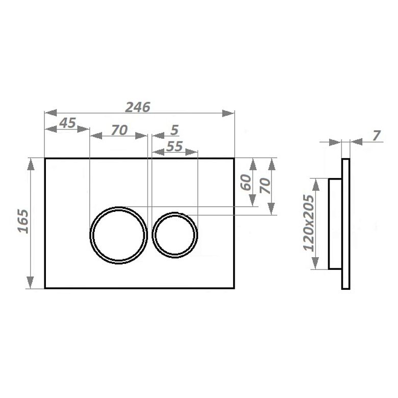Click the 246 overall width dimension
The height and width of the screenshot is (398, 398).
[x=138, y=107]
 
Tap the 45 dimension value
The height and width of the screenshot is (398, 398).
[x=67, y=123]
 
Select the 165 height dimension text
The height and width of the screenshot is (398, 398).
[x=23, y=221]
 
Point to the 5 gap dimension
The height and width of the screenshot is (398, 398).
[x=175, y=130]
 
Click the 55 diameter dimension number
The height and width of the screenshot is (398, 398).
[x=175, y=146]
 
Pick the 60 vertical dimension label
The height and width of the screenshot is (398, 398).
[x=246, y=182]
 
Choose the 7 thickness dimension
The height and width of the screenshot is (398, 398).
[x=377, y=136]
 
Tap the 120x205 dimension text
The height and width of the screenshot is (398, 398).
[x=309, y=223]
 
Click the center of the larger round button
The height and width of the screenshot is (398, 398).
[x=118, y=235]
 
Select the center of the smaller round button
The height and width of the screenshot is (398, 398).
[x=175, y=235]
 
